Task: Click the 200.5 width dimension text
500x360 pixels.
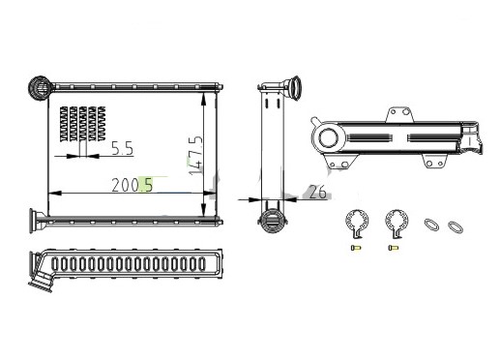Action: (x=132, y=185)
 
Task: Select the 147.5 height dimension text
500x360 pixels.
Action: (x=196, y=156)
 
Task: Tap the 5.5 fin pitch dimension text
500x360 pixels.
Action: (x=122, y=149)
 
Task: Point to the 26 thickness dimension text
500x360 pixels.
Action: (x=317, y=192)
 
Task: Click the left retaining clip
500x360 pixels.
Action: (x=357, y=224)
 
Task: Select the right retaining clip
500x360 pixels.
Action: (x=397, y=224)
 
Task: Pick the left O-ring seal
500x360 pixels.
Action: (x=431, y=225)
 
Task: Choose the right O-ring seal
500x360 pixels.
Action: (x=456, y=226)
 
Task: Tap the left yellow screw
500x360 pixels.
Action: (x=355, y=248)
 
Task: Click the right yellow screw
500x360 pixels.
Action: (x=394, y=248)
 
